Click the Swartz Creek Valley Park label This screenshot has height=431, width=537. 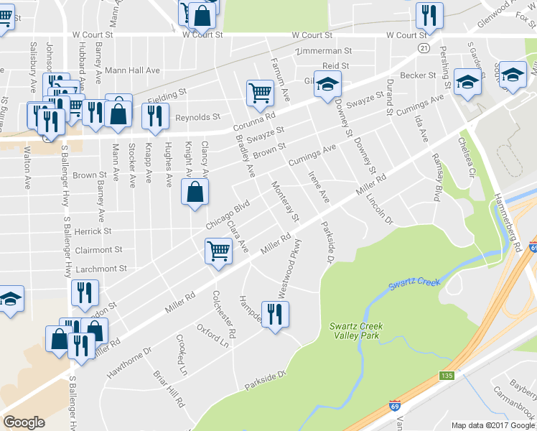[x=356, y=330]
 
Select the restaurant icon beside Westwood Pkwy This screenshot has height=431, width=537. [x=275, y=315]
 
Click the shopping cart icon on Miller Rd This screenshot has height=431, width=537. [x=218, y=252]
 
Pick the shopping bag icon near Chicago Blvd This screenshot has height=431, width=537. [x=195, y=193]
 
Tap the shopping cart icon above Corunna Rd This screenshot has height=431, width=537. [x=259, y=92]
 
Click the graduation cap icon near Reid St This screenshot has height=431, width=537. [x=327, y=85]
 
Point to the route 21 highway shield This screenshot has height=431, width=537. [x=425, y=47]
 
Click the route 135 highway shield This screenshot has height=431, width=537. [x=447, y=376]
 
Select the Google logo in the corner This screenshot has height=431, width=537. [x=24, y=422]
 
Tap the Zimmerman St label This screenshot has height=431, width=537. [x=325, y=52]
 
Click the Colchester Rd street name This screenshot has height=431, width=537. [x=223, y=315]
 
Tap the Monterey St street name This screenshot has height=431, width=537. [x=284, y=201]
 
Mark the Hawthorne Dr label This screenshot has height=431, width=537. [x=129, y=363]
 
